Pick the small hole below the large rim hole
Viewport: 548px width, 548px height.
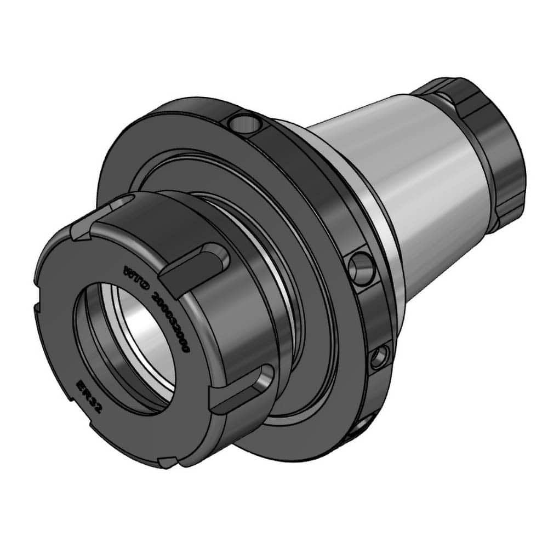click(x=380, y=358)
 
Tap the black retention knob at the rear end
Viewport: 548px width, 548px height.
click(x=482, y=148)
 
